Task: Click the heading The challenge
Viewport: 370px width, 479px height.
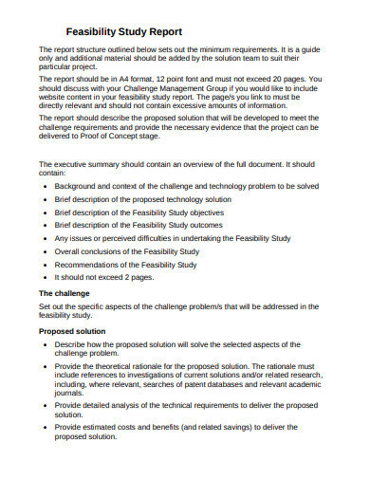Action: coord(65,293)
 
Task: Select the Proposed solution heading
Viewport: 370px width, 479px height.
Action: coord(72,331)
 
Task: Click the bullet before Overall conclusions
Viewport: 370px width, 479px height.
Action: coord(46,252)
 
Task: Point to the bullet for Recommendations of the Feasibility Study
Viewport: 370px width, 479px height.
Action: coord(46,266)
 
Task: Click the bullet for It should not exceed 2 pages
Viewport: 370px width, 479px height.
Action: coord(46,279)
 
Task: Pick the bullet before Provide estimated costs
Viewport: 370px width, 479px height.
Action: coord(46,428)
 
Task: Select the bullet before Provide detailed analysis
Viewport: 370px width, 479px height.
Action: coord(46,405)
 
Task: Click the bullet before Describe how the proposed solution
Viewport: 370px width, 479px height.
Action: coord(46,343)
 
